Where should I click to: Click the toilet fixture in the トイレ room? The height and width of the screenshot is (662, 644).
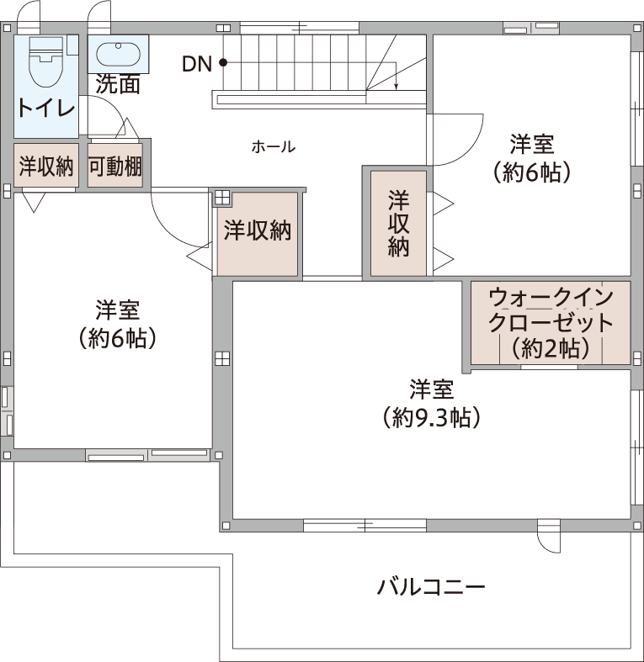click(x=45, y=61)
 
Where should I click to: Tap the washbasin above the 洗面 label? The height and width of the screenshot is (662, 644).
click(x=118, y=54)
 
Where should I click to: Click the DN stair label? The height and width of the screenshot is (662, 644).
click(x=196, y=64)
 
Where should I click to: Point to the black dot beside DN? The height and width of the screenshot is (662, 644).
click(x=223, y=63)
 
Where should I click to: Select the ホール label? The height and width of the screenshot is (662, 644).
click(x=274, y=147)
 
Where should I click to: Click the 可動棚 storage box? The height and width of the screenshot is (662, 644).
click(x=115, y=165)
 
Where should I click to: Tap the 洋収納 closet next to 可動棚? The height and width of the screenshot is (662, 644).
click(x=46, y=165)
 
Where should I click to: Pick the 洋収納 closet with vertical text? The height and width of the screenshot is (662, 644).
click(x=398, y=224)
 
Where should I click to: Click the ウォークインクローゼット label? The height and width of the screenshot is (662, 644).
click(x=551, y=310)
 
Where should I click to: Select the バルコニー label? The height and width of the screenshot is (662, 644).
click(x=431, y=587)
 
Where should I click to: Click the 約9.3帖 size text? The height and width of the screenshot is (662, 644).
click(x=432, y=417)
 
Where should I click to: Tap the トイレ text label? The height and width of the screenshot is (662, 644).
click(x=46, y=108)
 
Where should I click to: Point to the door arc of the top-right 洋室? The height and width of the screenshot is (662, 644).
click(x=473, y=148)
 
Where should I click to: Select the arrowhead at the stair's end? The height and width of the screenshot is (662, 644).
click(x=396, y=87)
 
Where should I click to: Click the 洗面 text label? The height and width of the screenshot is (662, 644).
click(x=118, y=84)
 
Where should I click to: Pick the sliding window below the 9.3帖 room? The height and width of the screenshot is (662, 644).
click(x=365, y=526)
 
